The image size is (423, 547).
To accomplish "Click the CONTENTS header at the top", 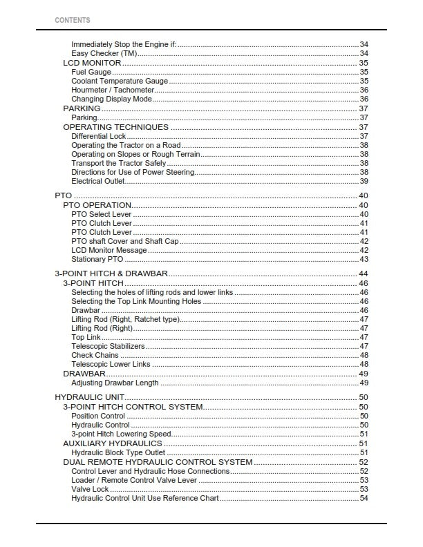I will tap(72, 21).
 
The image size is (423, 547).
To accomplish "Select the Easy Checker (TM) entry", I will tap(104, 54).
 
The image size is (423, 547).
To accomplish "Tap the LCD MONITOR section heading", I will tap(92, 63).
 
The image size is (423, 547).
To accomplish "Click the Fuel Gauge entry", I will tap(91, 72).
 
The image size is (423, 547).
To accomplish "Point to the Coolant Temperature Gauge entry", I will tap(120, 81).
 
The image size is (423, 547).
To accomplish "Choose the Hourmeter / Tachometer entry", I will tap(113, 90).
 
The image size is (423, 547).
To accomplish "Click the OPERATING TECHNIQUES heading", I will tap(115, 127).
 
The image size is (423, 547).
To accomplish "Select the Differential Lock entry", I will tap(99, 137).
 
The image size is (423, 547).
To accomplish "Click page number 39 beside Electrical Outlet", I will tap(364, 181).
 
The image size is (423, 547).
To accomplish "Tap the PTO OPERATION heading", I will tap(97, 205).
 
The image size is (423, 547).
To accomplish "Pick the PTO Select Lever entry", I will tap(101, 215).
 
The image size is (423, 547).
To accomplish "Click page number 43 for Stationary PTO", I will tap(364, 260).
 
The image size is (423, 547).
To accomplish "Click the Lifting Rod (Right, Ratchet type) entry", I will tap(125, 320).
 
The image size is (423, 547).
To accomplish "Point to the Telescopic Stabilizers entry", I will tap(109, 346).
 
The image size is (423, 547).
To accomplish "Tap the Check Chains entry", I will tap(95, 355).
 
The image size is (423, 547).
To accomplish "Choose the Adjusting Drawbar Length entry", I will tap(115, 383).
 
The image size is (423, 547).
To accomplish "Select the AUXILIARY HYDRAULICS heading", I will tap(113, 443).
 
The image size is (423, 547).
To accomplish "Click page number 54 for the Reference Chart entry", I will tap(364, 498).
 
